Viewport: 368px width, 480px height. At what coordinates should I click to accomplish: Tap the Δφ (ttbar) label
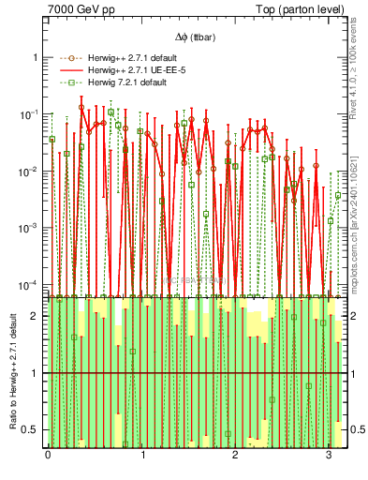coord(194,37)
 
